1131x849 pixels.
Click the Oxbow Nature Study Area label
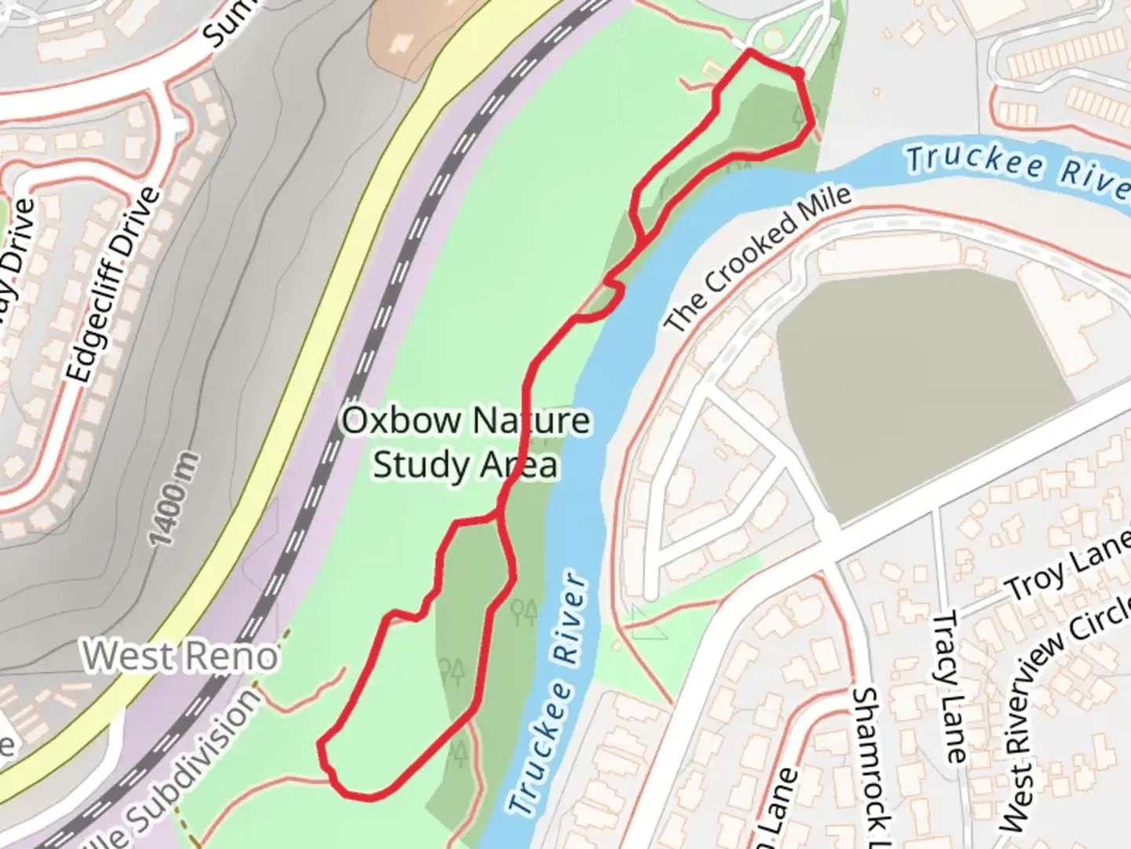tap(465, 443)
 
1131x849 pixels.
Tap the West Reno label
tap(181, 656)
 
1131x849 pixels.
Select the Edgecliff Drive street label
tap(114, 285)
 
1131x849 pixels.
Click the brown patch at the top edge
tap(401, 31)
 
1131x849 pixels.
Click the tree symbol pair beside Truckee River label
tap(525, 609)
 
